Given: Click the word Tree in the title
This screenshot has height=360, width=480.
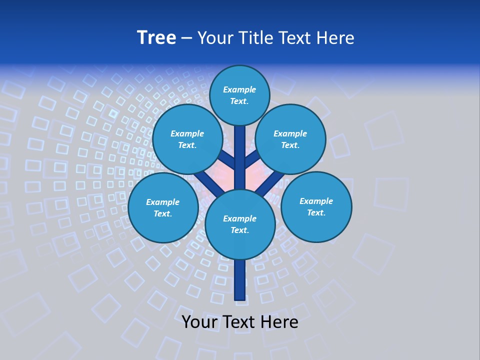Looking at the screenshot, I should (x=156, y=38).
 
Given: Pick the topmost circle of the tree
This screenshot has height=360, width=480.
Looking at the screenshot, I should (x=239, y=95).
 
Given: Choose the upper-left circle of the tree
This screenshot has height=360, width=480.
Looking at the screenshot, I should (x=187, y=139).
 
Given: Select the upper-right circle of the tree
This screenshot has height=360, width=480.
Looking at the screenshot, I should (x=290, y=139).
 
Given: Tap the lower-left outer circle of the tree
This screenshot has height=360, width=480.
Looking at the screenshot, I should (x=163, y=208).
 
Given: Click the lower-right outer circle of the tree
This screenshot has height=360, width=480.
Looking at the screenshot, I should (x=316, y=206).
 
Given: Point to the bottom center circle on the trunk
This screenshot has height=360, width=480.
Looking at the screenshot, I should (x=240, y=224).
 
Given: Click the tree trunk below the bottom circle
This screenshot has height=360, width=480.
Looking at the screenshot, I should (x=240, y=280).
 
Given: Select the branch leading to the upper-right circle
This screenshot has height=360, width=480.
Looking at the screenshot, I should (x=251, y=159).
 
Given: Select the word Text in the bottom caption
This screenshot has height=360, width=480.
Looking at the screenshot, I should (x=241, y=322).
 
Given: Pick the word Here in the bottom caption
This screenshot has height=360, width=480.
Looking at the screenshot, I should (x=281, y=322).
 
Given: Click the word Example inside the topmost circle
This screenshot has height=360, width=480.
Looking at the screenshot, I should (x=239, y=90).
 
